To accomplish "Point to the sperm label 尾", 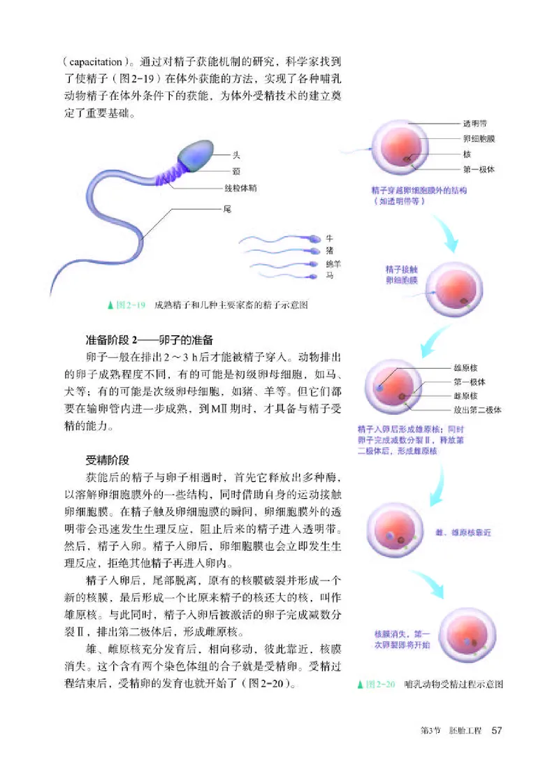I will coord(226,209).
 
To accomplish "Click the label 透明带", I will coord(476,124).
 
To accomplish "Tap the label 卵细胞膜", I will coord(479,139).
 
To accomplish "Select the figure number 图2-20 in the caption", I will coord(379,684).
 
